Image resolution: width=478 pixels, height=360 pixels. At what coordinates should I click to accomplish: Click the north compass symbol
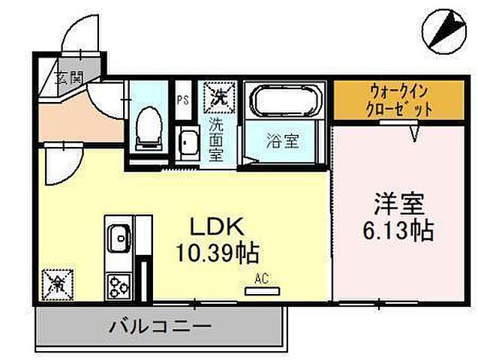pos(443,28)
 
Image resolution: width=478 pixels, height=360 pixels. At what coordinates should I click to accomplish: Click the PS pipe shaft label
pos(183,98)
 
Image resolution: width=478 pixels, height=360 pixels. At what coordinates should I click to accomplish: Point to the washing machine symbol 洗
pos(219,96)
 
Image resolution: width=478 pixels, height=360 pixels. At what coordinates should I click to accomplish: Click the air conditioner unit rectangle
pos(261,290)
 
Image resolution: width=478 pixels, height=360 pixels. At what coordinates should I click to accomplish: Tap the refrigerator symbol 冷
pos(56,283)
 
